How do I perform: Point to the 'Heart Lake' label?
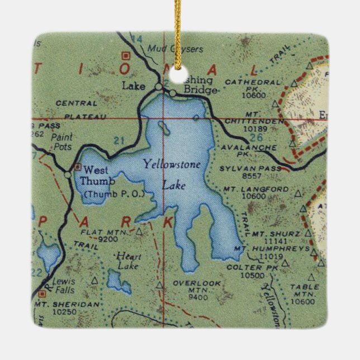coord(128,260)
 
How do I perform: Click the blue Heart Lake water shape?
coord(119,285)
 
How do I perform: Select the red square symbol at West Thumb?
coord(77,167)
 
